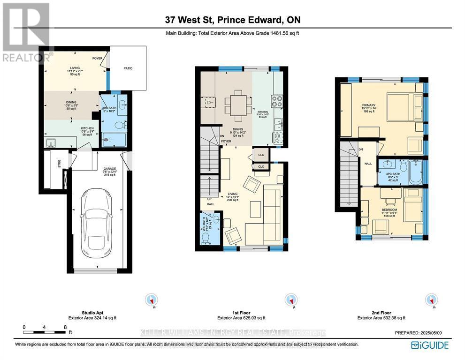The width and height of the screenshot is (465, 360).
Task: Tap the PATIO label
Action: [x=128, y=68]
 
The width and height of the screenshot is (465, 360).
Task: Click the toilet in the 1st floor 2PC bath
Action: [x=205, y=237]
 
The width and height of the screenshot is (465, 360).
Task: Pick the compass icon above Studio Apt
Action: [x=152, y=299]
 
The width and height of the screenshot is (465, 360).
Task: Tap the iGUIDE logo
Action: [x=430, y=345]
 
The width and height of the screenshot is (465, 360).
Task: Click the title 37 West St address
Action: [x=233, y=20]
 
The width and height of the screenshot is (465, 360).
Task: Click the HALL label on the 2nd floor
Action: [x=368, y=164]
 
